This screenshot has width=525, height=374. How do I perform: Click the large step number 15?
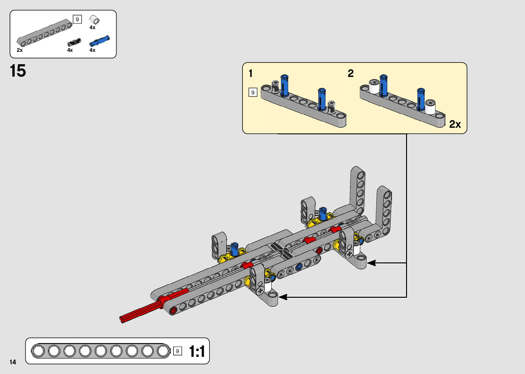[x=18, y=71]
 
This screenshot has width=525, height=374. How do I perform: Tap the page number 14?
[x=13, y=362]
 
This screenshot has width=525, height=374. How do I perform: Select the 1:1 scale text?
[x=197, y=352]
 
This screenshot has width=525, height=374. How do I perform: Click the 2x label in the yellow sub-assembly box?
[x=455, y=124]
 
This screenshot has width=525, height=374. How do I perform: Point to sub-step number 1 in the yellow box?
[x=251, y=73]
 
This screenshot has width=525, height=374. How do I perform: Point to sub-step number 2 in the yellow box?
[x=350, y=73]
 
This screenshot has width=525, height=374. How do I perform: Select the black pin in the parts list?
[x=74, y=42]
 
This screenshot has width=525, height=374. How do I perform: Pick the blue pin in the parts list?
[x=99, y=41]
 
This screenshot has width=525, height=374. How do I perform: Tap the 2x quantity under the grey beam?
[x=20, y=50]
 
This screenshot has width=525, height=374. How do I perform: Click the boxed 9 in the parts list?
[x=77, y=20]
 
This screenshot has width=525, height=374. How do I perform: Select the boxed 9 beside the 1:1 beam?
[x=177, y=351]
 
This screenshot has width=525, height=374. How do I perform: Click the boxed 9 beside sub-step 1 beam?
[x=253, y=92]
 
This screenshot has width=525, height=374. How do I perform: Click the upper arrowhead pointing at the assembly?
[x=371, y=263]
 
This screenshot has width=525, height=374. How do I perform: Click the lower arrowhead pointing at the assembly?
[x=283, y=297]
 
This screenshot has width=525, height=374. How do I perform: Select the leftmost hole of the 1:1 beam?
[x=38, y=351]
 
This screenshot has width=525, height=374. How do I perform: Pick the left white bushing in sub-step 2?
[x=374, y=87]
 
